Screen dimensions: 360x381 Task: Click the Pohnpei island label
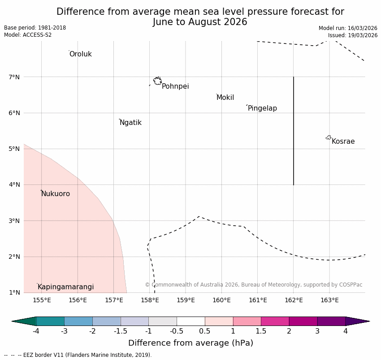coord(175,86)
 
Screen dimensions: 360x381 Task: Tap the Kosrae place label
coord(343,141)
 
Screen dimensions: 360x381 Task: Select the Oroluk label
coord(80,54)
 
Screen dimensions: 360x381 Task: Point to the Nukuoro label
coord(56,194)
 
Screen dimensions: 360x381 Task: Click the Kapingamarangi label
coord(65,287)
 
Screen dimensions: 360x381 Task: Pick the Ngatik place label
coord(130,123)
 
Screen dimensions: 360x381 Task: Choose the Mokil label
coord(225,98)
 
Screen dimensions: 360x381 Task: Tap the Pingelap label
coord(262,108)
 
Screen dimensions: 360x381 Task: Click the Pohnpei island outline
coord(157,81)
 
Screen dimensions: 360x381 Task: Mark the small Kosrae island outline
coord(329,137)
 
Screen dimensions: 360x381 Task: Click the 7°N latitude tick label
coord(14,77)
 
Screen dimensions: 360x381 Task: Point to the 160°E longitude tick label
coord(221,300)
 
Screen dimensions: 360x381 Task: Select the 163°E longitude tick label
coord(329,300)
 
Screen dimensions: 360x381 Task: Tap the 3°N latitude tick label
coord(14,221)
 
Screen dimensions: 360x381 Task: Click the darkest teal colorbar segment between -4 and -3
coord(50,321)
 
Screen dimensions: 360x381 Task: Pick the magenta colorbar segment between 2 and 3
coord(303,321)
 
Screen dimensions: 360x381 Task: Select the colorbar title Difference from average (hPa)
coord(190,343)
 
